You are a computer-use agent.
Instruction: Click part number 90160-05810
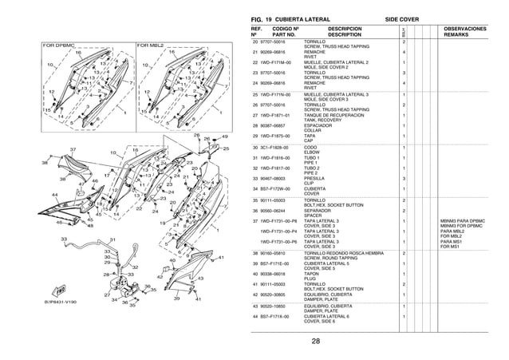point(273,252)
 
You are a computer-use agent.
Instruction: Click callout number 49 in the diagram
point(224,136)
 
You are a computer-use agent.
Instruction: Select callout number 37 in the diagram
point(72,149)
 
